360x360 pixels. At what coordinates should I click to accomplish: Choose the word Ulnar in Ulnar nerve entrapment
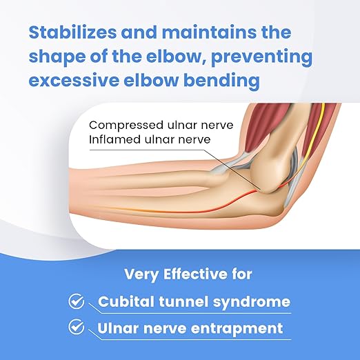(x=119, y=328)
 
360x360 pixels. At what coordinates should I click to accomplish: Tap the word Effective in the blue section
(x=195, y=274)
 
